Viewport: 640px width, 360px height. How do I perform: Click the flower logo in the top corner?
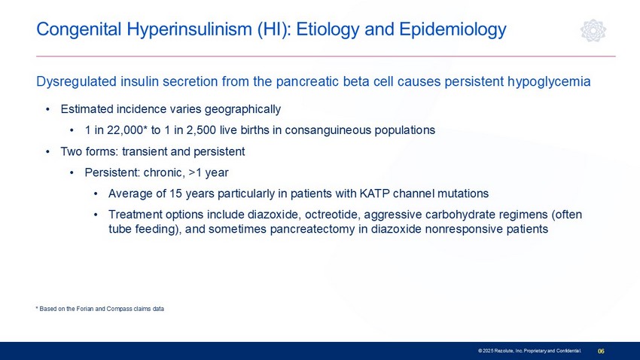tap(593, 30)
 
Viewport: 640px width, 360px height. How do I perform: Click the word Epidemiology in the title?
tap(453, 29)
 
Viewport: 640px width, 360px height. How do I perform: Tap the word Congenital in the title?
tap(79, 29)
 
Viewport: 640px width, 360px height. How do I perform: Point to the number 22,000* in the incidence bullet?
tap(127, 130)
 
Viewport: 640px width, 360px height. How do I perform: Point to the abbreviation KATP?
tap(374, 194)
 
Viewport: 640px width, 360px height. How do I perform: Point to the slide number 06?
tap(602, 351)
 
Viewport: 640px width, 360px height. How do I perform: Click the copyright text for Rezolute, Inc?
tap(529, 351)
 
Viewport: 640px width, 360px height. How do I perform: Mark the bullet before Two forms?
tap(47, 152)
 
